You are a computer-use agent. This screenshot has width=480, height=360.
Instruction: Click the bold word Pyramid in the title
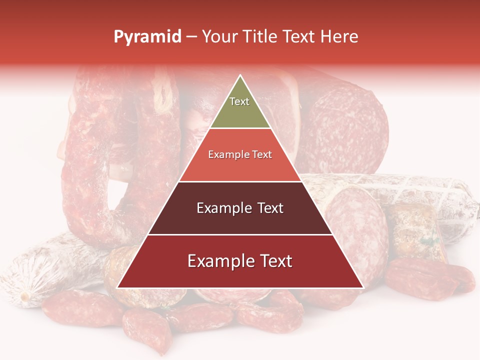(x=147, y=37)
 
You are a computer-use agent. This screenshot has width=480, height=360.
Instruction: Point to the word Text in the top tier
(x=239, y=101)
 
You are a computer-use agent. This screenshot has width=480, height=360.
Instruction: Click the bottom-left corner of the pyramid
(x=118, y=287)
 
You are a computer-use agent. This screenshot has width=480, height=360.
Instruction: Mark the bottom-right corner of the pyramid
(x=362, y=287)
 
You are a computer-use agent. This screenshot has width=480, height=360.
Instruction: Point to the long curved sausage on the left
(x=85, y=165)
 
